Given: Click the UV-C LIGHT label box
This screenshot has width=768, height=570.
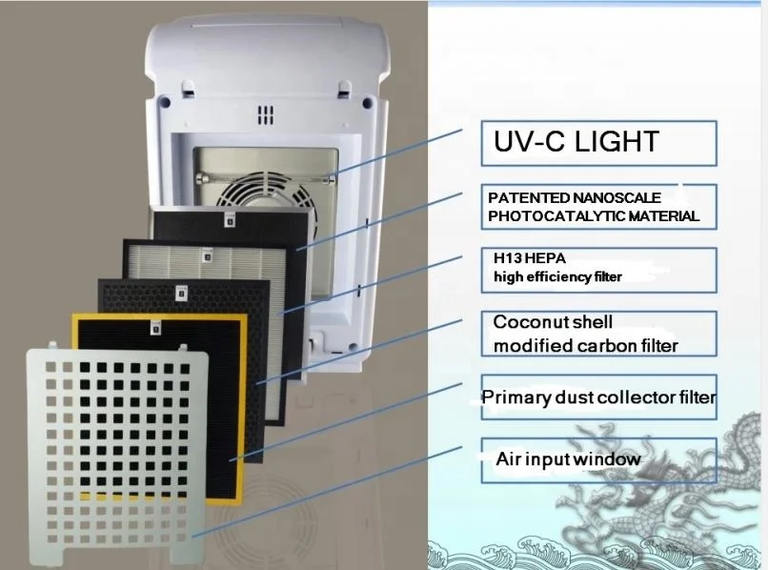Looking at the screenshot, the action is (x=598, y=143).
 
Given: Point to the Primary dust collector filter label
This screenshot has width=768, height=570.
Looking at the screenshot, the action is (x=598, y=397).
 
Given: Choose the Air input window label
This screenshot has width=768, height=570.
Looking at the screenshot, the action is (x=568, y=459).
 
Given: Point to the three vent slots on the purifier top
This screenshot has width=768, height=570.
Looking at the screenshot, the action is (x=265, y=115).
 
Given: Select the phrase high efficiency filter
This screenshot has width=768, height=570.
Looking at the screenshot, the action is (x=556, y=277).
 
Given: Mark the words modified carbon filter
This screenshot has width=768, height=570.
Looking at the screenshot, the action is (x=585, y=345).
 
